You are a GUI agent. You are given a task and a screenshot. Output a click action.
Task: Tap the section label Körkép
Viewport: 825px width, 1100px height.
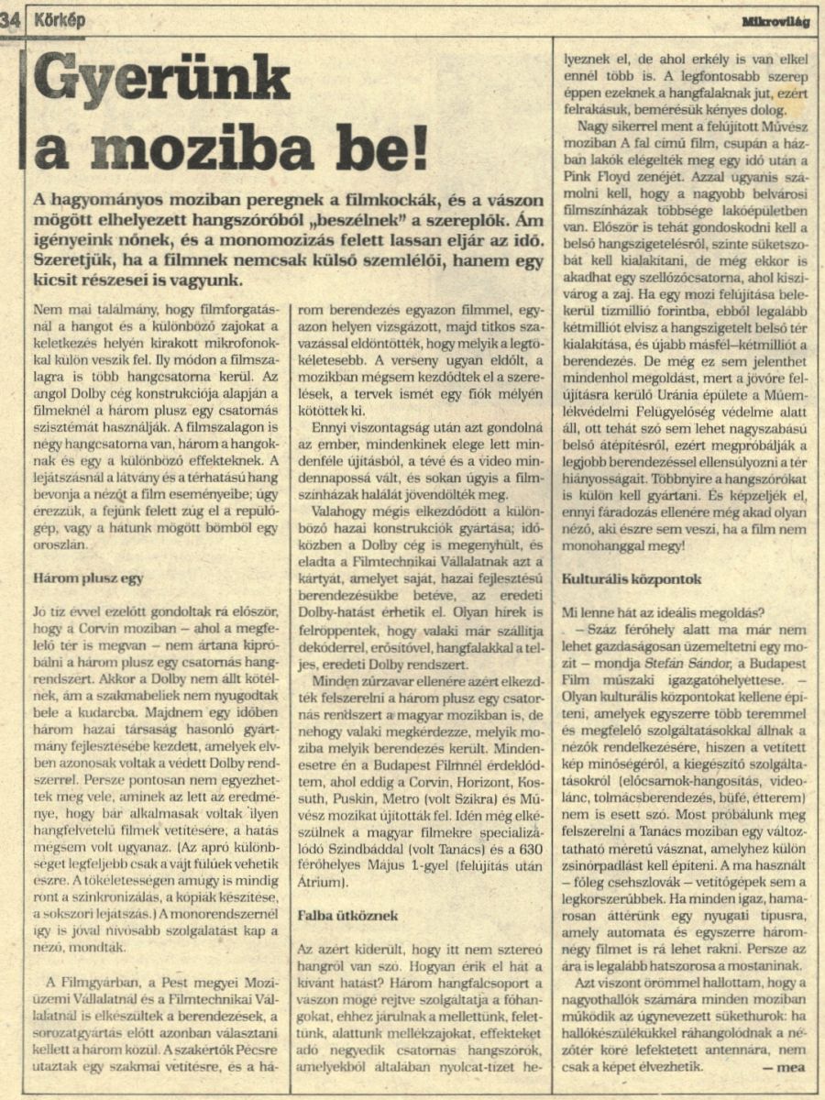tap(60, 20)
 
